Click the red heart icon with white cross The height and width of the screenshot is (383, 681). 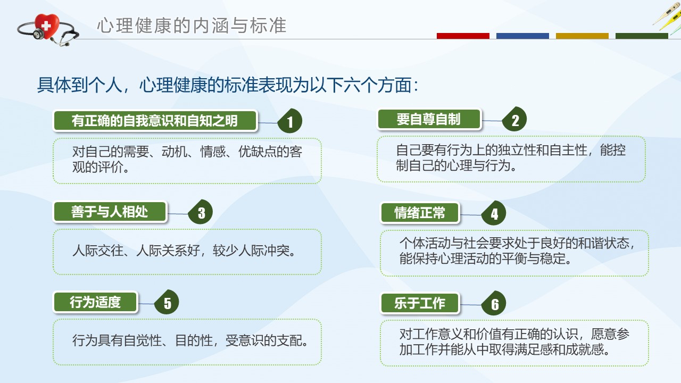[46, 26]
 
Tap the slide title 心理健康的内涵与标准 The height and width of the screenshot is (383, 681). [192, 25]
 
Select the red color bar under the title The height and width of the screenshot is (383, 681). [463, 36]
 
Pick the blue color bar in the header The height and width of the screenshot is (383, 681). [522, 36]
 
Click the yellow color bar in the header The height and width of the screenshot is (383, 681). [582, 36]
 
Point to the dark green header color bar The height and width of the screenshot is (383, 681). [642, 36]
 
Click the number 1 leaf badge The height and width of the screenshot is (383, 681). [290, 121]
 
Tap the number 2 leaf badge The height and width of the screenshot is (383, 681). [514, 119]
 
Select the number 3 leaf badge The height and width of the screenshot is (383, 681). [201, 212]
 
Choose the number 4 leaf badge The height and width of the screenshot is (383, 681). [494, 213]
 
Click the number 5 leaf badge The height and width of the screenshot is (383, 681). [167, 302]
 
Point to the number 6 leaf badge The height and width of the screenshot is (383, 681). [494, 303]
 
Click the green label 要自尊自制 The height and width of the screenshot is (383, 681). [429, 120]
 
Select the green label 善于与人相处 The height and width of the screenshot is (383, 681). [110, 212]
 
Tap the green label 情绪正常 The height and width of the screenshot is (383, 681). [420, 213]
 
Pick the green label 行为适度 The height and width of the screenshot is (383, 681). [95, 302]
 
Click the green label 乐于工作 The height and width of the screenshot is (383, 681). [420, 303]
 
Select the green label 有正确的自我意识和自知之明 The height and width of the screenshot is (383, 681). [155, 121]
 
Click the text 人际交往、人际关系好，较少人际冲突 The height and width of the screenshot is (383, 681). [184, 251]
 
